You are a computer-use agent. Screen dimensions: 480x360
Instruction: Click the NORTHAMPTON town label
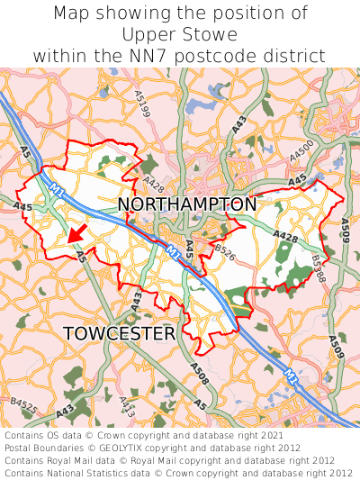tap(187, 204)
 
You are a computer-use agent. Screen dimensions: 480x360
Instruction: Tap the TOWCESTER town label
tap(120, 334)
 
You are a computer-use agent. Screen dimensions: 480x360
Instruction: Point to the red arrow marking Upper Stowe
tap(77, 234)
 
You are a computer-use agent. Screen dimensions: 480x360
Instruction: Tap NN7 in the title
tap(192, 56)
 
